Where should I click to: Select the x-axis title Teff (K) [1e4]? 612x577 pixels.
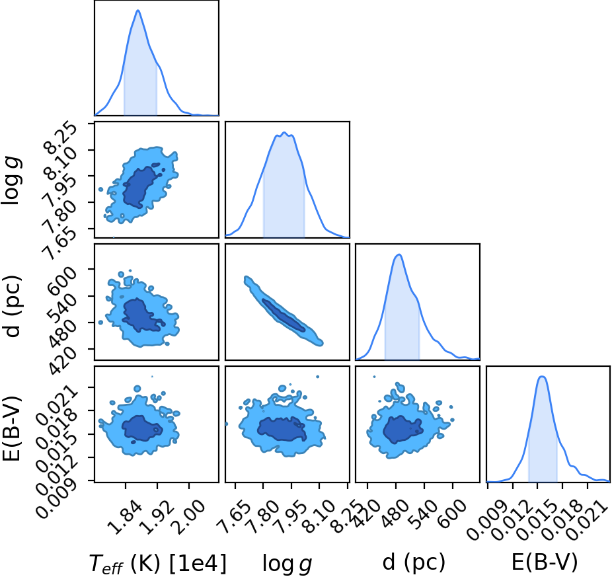[158, 564]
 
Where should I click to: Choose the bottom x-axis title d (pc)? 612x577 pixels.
[414, 562]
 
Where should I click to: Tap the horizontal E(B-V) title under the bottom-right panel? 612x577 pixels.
[545, 562]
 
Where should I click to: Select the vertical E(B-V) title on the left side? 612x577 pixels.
[11, 428]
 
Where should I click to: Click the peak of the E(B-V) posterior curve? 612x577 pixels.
[542, 376]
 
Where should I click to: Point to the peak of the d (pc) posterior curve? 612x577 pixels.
[399, 254]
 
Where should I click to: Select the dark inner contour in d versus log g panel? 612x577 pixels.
[284, 315]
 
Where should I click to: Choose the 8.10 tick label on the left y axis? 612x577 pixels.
[61, 165]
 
